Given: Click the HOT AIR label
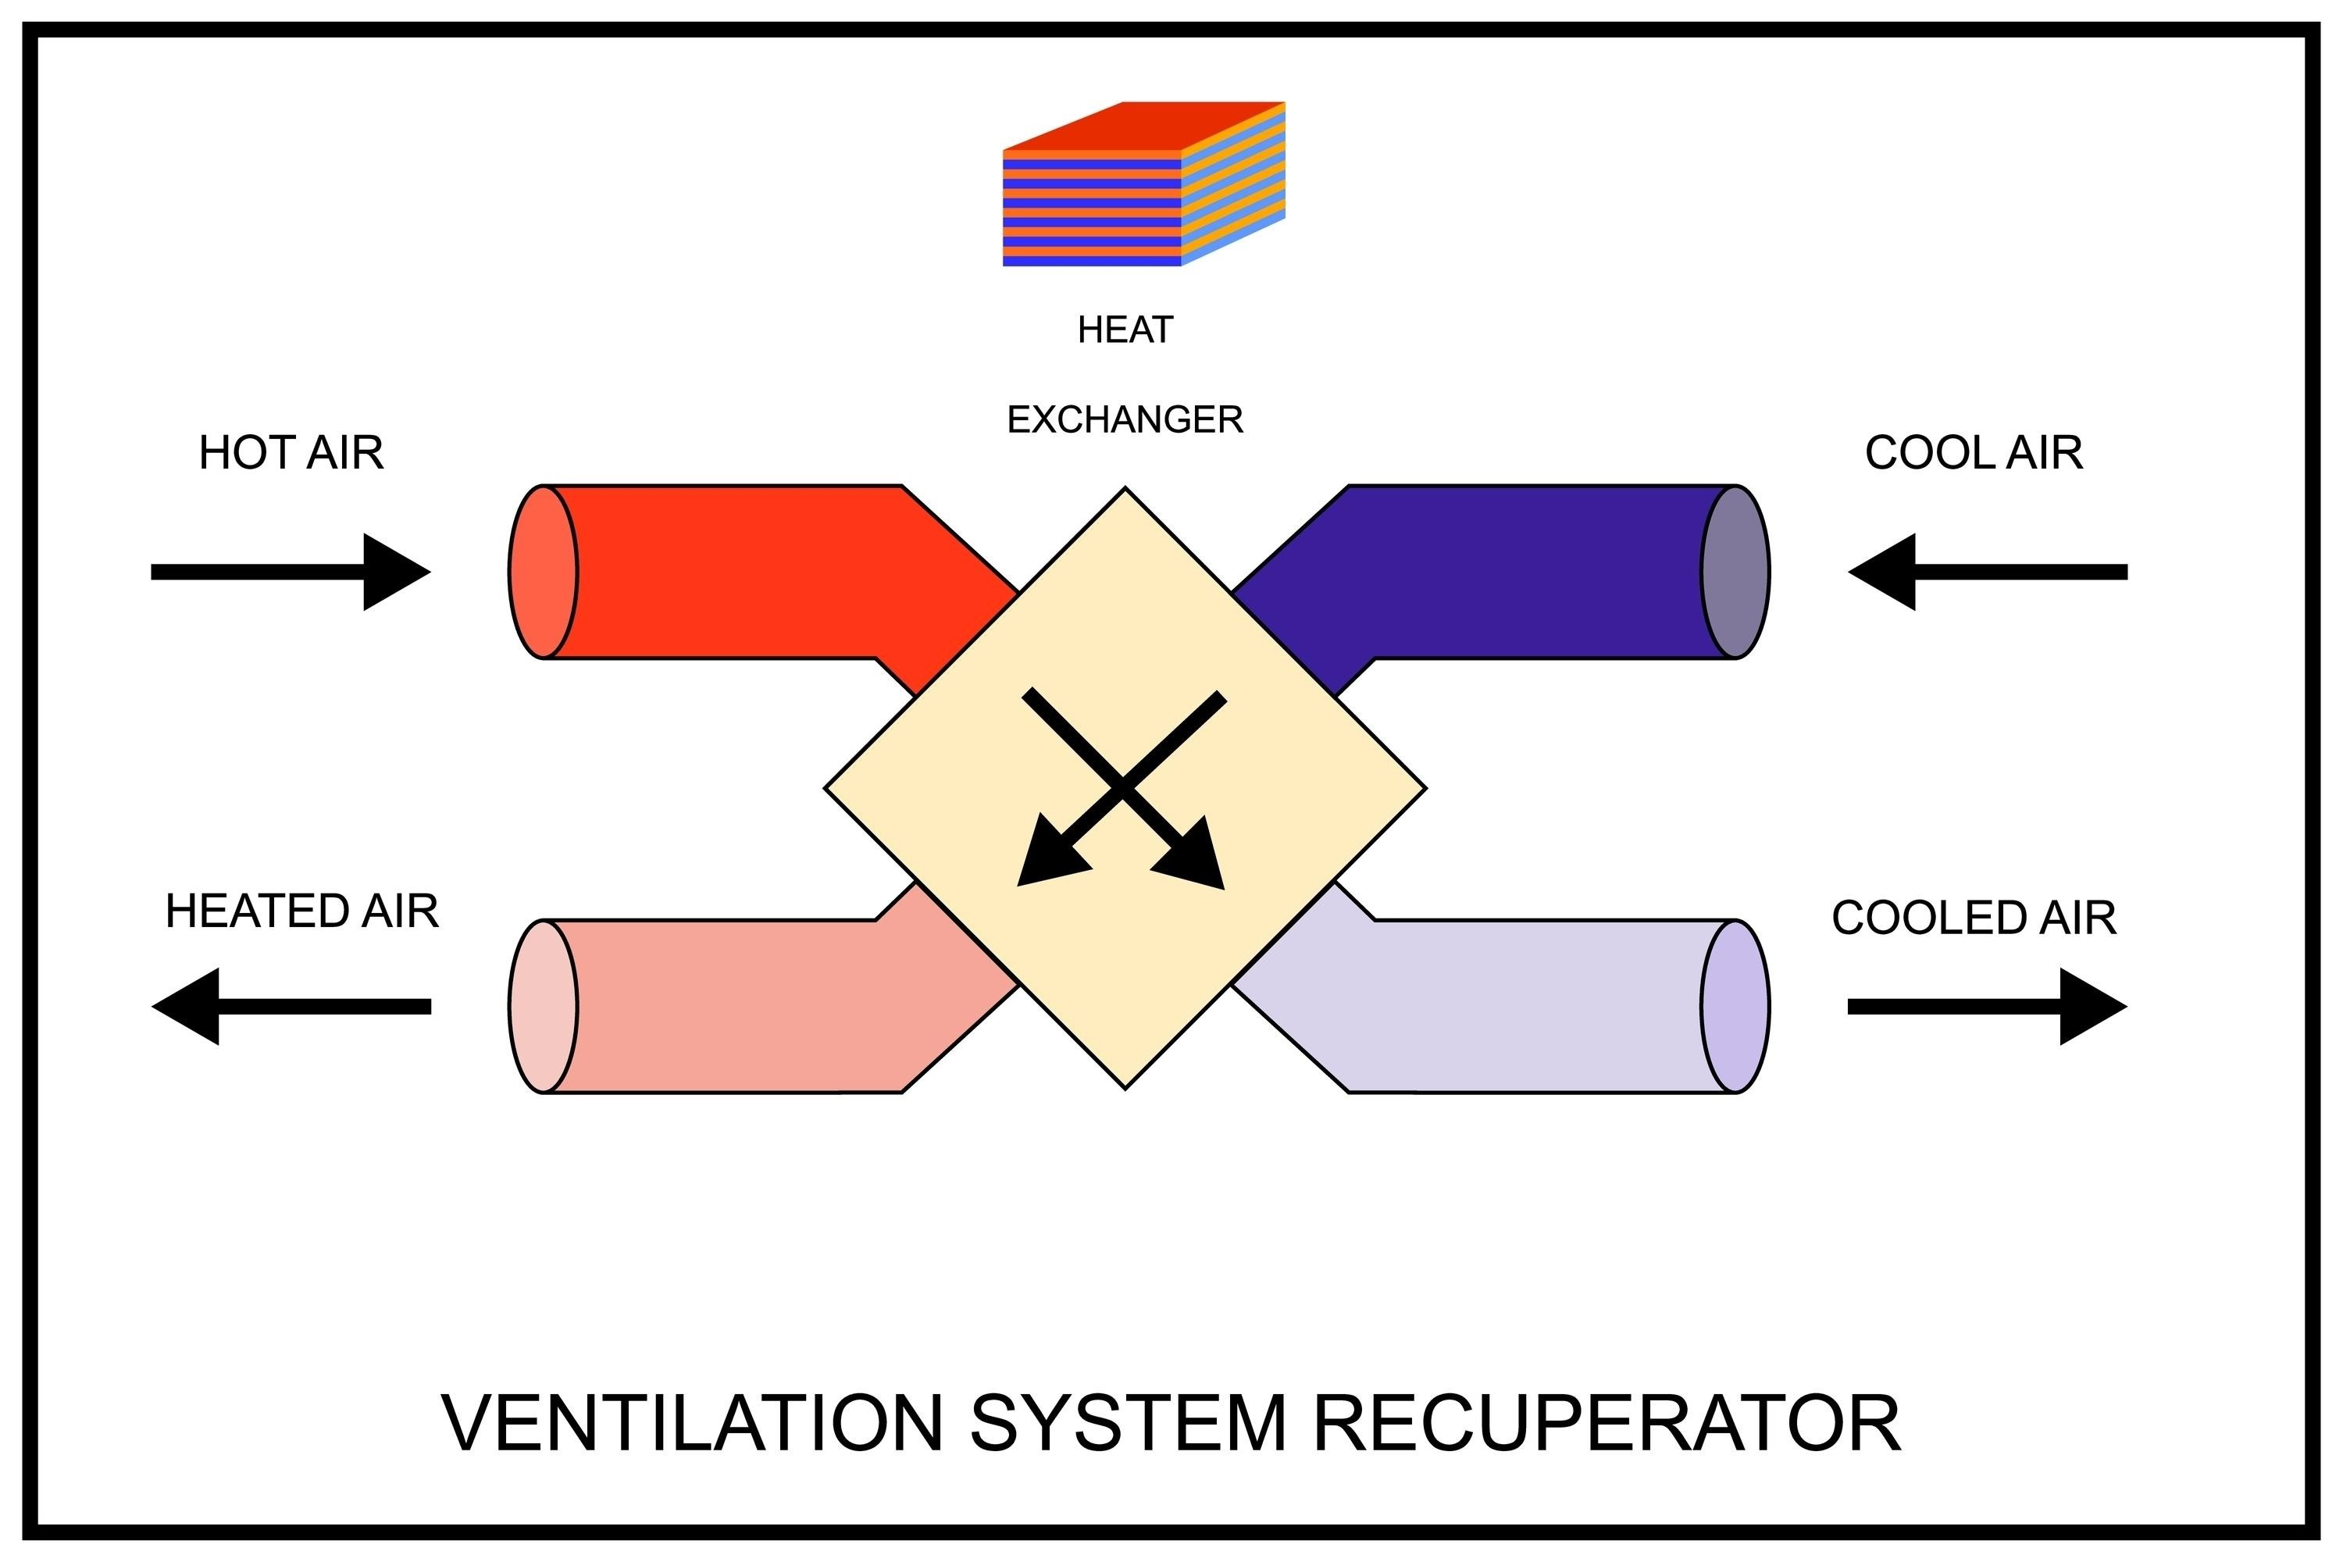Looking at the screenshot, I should (291, 453).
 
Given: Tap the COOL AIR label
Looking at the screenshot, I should (1974, 453).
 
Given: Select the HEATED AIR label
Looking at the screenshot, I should (301, 911).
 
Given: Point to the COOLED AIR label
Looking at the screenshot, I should (1974, 918).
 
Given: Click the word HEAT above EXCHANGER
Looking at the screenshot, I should (1125, 330).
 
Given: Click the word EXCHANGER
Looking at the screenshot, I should (1125, 419).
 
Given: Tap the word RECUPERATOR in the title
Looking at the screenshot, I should (1606, 1424).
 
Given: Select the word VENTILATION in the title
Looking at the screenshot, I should (691, 1424).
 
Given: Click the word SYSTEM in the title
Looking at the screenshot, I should (1128, 1424).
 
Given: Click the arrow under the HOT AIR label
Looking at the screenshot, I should (291, 572).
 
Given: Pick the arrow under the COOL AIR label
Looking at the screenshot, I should (1988, 572).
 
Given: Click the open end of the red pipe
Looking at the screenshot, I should (543, 572).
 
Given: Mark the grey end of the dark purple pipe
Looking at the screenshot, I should (1735, 572).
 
